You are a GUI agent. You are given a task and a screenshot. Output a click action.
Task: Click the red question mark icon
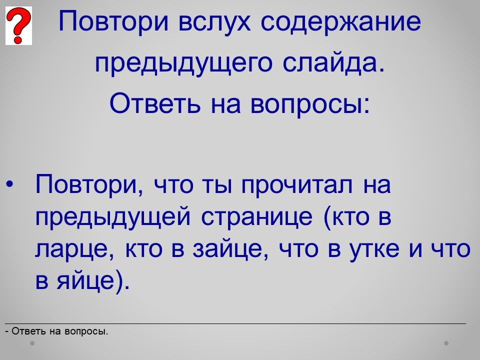point(18,25)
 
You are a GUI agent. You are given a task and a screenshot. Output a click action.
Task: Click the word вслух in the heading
point(214,22)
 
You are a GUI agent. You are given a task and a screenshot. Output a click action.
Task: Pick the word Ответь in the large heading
point(155,102)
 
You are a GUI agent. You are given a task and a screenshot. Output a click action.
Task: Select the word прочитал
point(297,185)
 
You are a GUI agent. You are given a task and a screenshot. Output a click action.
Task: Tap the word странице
point(257,217)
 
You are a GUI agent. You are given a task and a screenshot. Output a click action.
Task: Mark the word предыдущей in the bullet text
point(113,217)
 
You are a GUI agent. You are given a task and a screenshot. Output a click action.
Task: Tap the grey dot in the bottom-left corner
point(32,343)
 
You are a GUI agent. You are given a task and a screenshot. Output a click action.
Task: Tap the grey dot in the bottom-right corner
point(446,343)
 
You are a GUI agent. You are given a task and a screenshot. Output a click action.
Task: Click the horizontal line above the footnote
point(235,323)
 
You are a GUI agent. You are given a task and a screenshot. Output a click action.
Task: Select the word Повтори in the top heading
point(113,22)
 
